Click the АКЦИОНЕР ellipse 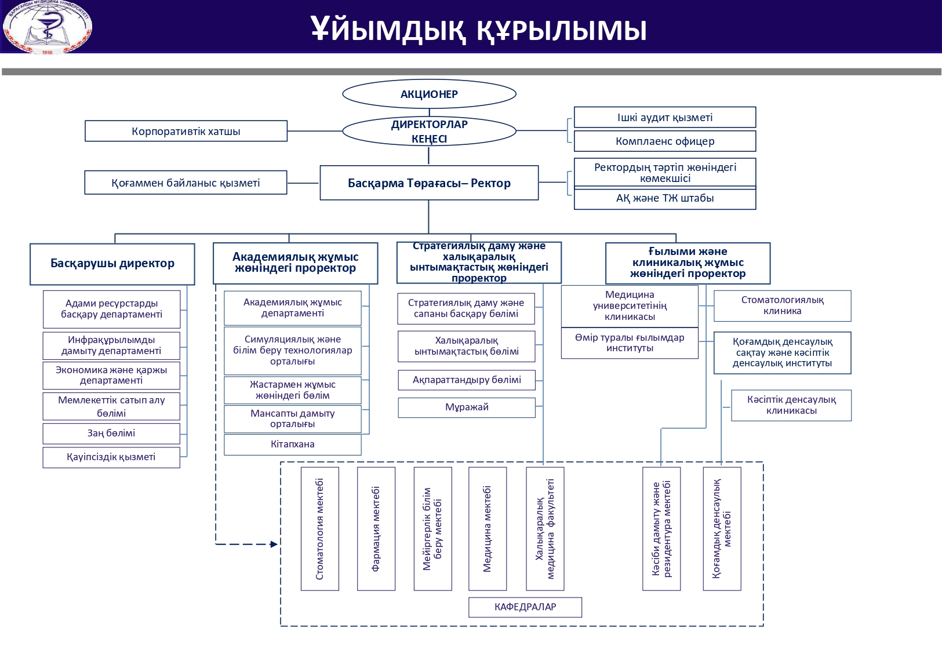(x=429, y=94)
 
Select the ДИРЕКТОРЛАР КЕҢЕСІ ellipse (x=429, y=132)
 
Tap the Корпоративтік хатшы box (x=186, y=131)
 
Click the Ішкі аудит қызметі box (x=665, y=117)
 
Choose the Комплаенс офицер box (x=665, y=141)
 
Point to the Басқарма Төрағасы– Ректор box (x=429, y=183)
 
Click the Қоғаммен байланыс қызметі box (x=186, y=183)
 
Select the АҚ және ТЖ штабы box (x=665, y=198)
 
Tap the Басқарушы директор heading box (x=112, y=264)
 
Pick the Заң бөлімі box (x=111, y=434)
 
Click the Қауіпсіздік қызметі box (x=111, y=457)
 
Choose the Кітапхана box (x=292, y=445)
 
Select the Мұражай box (x=467, y=407)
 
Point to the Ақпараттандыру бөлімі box (x=467, y=380)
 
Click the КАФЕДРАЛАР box (x=525, y=607)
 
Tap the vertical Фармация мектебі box (x=376, y=529)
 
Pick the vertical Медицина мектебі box (x=488, y=529)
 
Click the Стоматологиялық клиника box (x=782, y=305)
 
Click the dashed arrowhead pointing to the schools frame (x=274, y=544)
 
